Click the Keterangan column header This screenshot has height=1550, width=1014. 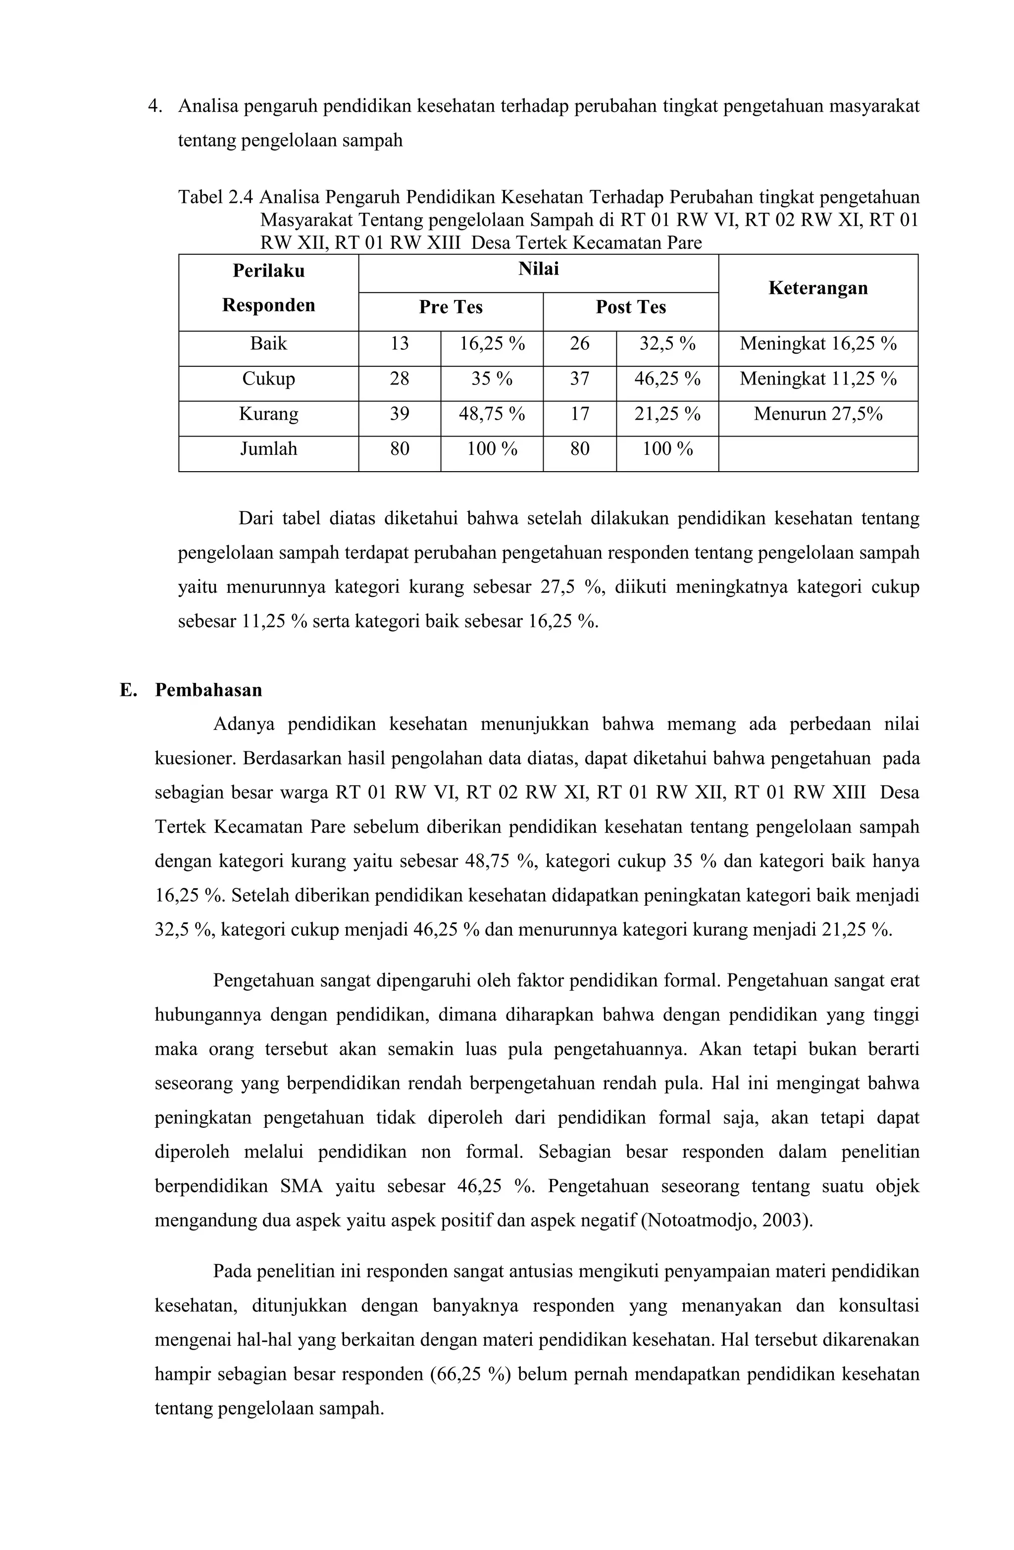(x=817, y=288)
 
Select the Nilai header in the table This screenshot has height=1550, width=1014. (x=538, y=269)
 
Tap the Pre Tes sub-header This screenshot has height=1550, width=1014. (x=450, y=307)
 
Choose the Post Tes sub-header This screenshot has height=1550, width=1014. (x=630, y=307)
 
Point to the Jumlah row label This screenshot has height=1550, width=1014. (x=268, y=449)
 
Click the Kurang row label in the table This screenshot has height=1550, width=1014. (x=268, y=414)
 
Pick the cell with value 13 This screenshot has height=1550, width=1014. (x=399, y=344)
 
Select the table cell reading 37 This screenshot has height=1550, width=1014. (x=579, y=379)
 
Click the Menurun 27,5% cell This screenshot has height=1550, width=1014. (x=817, y=414)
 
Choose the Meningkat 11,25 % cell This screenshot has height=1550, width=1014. (x=817, y=379)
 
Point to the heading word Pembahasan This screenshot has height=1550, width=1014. (x=208, y=690)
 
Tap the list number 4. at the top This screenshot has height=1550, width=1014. (x=154, y=106)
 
